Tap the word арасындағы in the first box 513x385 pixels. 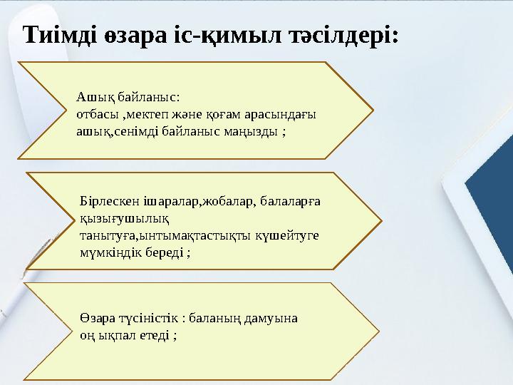click(276, 114)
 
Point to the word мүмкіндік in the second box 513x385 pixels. click(108, 252)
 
